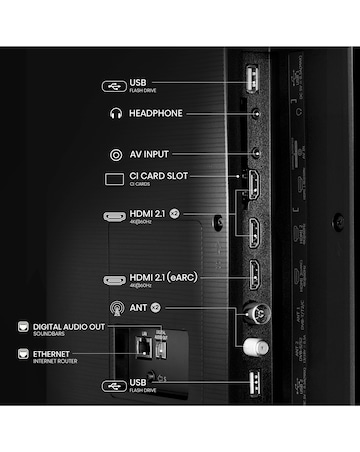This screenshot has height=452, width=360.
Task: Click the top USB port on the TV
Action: tap(252, 83)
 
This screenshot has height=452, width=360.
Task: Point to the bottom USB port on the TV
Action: tap(252, 382)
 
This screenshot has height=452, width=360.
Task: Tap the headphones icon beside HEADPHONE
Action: tap(115, 114)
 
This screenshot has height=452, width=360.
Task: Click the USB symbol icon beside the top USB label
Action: tap(114, 85)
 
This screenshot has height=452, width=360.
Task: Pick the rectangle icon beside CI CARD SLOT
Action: tap(113, 180)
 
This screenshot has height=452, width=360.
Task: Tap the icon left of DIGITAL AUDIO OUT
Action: tap(20, 328)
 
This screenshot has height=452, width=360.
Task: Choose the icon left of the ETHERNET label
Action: tap(20, 354)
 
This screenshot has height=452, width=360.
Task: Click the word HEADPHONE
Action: tap(156, 114)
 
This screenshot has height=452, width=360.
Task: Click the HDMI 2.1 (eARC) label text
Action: tap(166, 277)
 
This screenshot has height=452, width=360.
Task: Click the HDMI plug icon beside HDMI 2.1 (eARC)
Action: tap(114, 280)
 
